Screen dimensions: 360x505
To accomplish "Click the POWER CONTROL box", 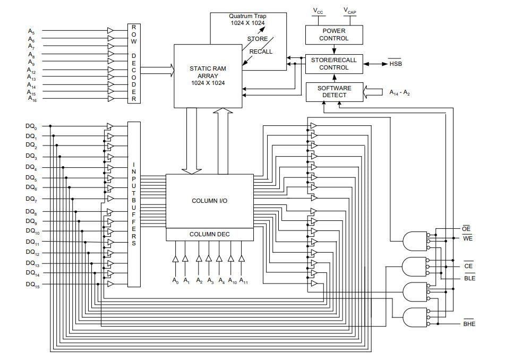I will [334, 35].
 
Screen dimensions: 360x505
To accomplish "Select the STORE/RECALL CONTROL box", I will [334, 64].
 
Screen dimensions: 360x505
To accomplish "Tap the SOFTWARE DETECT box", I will [335, 92].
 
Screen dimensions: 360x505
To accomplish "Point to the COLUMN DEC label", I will [209, 234].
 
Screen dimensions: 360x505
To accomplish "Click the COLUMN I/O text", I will [209, 201].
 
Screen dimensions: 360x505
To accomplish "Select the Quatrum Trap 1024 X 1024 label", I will [248, 20].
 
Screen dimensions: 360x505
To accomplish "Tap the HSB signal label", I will [396, 64].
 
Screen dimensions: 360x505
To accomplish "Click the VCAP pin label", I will [349, 11].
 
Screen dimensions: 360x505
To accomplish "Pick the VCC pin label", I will [318, 11].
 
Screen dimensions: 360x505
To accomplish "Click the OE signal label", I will [466, 229].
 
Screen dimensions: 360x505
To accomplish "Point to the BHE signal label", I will [469, 324].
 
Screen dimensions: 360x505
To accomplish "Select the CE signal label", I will [468, 266].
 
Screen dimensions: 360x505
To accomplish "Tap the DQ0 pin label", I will [31, 127].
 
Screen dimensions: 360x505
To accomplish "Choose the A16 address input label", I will [32, 99].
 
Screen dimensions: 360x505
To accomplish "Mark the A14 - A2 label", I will [399, 92].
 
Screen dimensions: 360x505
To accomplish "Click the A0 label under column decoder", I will [175, 280].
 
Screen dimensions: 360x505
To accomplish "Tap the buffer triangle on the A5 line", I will [110, 31].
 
